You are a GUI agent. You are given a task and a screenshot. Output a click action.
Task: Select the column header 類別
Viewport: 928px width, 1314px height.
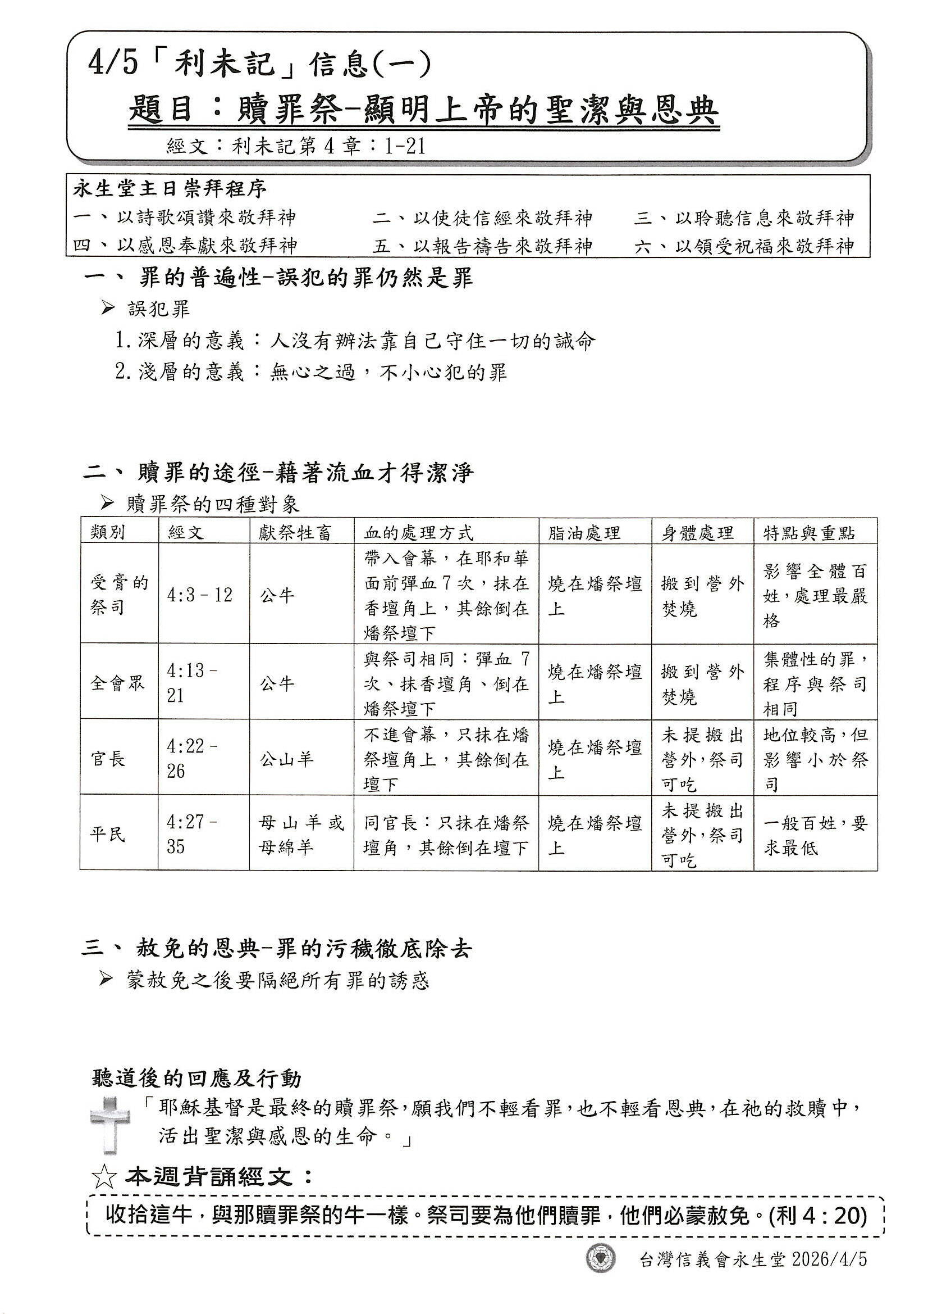[107, 532]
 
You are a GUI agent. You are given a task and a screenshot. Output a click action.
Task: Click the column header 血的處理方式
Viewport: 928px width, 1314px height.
[419, 532]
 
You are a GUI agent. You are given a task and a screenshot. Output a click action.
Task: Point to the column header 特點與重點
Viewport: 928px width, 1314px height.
[809, 532]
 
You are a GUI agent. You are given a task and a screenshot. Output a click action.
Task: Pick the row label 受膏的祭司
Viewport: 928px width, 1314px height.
[119, 594]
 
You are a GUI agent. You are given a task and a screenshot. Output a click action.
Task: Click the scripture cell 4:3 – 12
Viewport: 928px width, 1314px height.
[199, 595]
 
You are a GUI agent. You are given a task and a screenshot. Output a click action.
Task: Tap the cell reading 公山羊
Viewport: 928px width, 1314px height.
[286, 759]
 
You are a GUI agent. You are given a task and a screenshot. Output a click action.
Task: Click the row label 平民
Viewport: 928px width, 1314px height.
[107, 835]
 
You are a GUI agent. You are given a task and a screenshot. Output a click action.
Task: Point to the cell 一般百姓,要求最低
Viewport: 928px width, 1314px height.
[815, 835]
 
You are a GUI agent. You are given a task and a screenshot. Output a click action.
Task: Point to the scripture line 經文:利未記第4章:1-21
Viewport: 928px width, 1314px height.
[296, 147]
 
